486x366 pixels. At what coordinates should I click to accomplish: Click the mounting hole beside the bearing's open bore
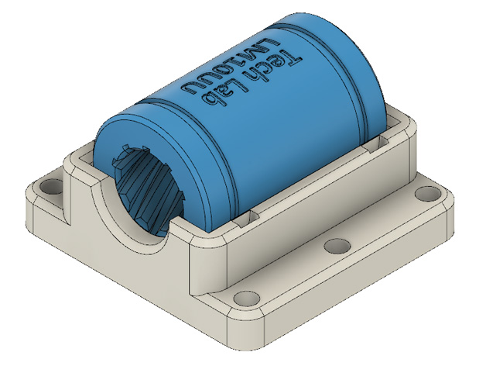(x=51, y=187)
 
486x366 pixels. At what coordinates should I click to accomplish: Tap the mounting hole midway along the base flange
(x=337, y=246)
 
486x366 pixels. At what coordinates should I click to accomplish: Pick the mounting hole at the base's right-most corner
(x=428, y=194)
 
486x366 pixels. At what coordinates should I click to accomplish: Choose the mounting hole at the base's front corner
(x=247, y=299)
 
